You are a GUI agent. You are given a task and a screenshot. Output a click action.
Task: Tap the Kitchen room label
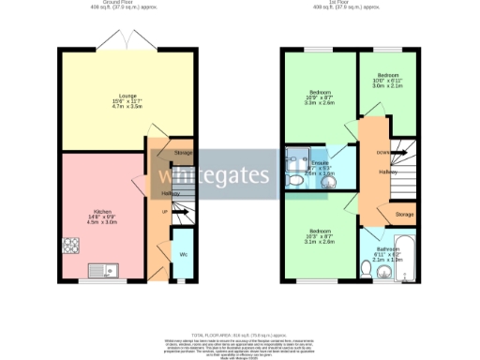[x=101, y=217]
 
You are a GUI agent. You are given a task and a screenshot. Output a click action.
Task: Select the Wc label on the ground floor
[x=183, y=254]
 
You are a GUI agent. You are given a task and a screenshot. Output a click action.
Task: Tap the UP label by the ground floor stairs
[x=166, y=212]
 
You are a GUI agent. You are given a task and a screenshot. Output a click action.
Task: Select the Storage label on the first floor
[x=404, y=215]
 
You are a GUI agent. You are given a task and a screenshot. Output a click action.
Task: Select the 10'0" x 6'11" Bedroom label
[x=388, y=79]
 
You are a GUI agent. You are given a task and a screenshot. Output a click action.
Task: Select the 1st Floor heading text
[x=350, y=4]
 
